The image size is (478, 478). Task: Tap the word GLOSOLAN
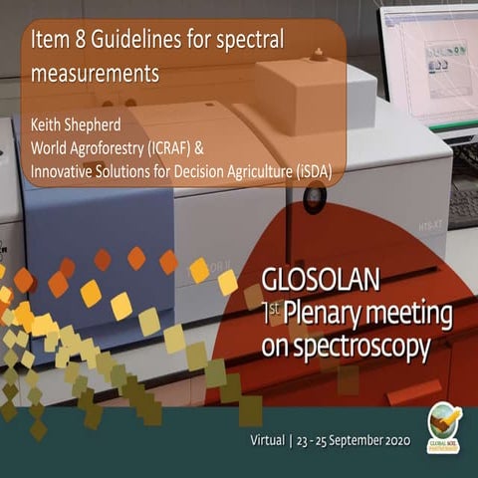316,278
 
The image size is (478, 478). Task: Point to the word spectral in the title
251,40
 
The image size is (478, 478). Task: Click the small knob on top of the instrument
318,53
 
